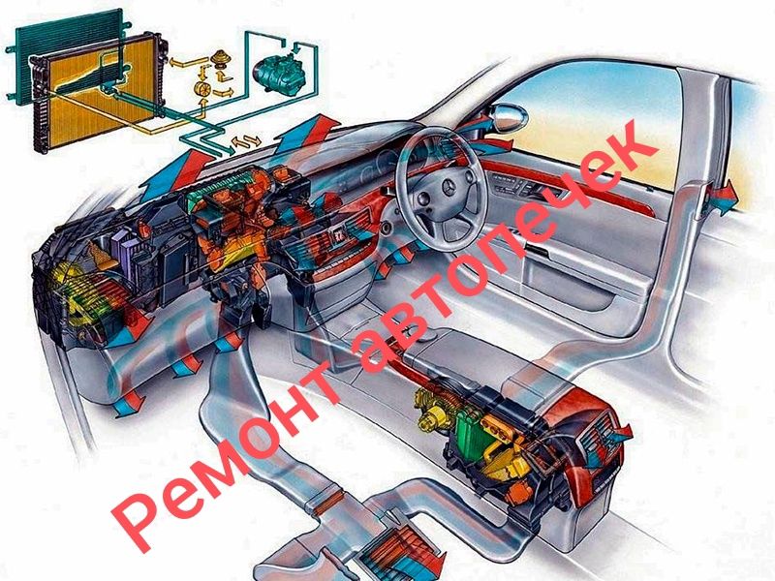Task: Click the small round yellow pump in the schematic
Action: pyautogui.click(x=204, y=89)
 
